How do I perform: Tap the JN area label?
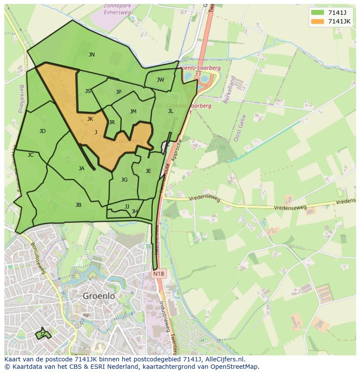click(91, 55)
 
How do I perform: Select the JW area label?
click(160, 80)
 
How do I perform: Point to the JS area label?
click(88, 91)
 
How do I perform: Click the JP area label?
click(119, 92)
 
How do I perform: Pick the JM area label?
click(133, 112)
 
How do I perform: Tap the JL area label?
click(170, 111)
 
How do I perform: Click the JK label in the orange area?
click(90, 119)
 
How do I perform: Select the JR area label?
click(112, 122)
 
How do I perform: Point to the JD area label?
click(42, 131)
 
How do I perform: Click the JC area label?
click(30, 155)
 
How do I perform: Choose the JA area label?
click(81, 169)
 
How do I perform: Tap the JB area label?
click(78, 205)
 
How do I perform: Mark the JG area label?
click(124, 180)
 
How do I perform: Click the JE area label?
click(148, 171)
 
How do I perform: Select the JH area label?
click(135, 212)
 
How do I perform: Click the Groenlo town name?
click(99, 296)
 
